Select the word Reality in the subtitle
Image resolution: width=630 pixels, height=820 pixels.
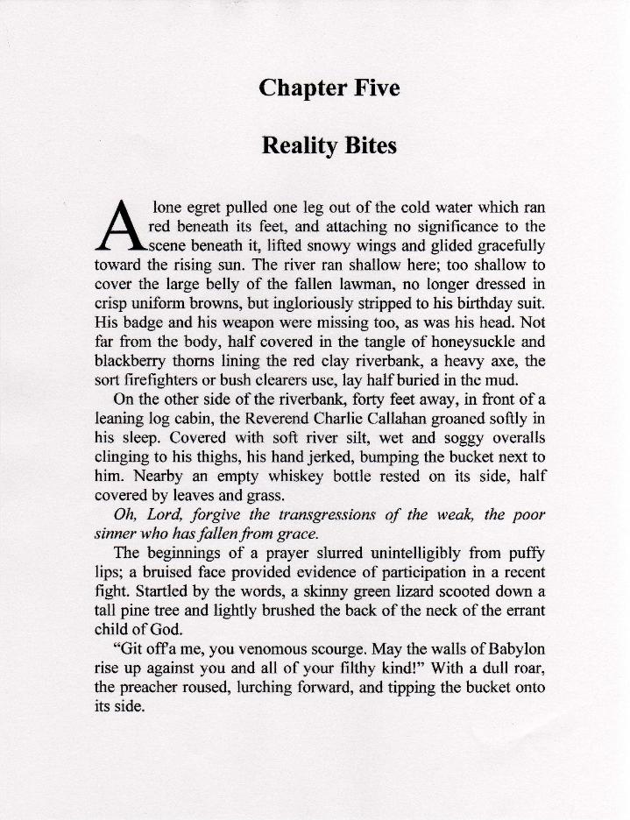pos(301,146)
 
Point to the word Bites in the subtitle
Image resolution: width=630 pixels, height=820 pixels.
pos(372,146)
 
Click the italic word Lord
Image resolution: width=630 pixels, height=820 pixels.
pos(166,515)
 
